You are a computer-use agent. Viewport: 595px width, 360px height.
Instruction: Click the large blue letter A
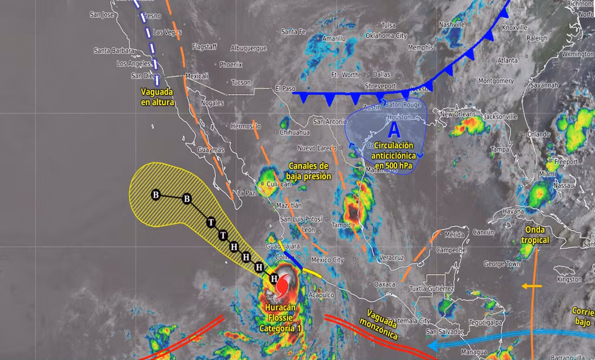coord(394,130)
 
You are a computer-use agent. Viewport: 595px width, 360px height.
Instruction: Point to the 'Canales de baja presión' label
coord(308,171)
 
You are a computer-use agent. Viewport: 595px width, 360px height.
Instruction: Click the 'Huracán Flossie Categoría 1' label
coord(280,318)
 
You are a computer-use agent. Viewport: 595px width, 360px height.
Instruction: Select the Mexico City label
coord(327,260)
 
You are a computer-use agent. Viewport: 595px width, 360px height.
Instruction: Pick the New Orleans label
coord(458,115)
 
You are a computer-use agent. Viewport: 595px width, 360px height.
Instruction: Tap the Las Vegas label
coord(167,32)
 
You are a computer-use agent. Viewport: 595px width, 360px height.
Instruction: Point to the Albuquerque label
coord(249,48)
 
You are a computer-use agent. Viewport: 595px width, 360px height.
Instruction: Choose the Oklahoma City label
coord(386,36)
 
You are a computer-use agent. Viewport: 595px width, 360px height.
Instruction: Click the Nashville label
coord(452,25)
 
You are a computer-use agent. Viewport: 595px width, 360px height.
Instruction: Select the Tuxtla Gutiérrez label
coord(431,289)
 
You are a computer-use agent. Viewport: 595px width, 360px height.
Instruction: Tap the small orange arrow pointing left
coord(532,285)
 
